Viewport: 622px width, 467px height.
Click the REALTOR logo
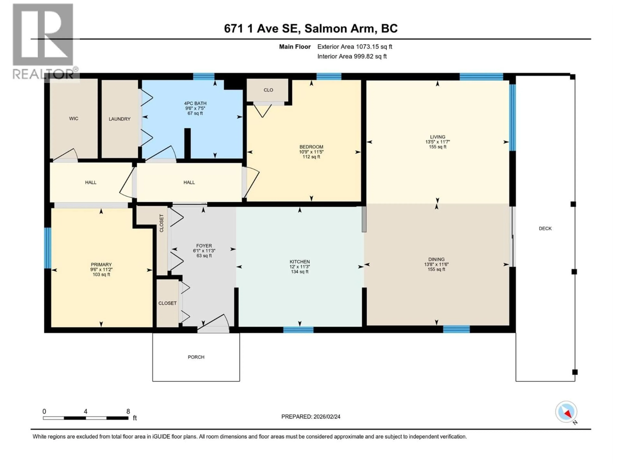[44, 41]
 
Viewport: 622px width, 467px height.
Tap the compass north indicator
[566, 412]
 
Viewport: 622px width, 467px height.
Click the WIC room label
[74, 119]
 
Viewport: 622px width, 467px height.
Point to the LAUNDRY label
[120, 119]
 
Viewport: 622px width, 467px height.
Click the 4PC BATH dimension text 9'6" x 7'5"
[195, 108]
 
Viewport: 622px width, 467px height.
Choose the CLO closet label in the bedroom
[268, 90]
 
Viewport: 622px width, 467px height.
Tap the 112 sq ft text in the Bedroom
[311, 157]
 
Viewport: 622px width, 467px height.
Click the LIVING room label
[438, 137]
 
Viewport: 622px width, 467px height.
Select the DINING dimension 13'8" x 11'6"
[436, 264]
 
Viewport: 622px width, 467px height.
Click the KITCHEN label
[300, 262]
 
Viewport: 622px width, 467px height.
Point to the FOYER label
[204, 246]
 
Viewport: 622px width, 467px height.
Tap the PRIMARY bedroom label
[101, 265]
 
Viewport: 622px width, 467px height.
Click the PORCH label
[196, 357]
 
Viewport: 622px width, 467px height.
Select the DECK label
[545, 229]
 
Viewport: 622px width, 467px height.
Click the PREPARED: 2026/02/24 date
[311, 417]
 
